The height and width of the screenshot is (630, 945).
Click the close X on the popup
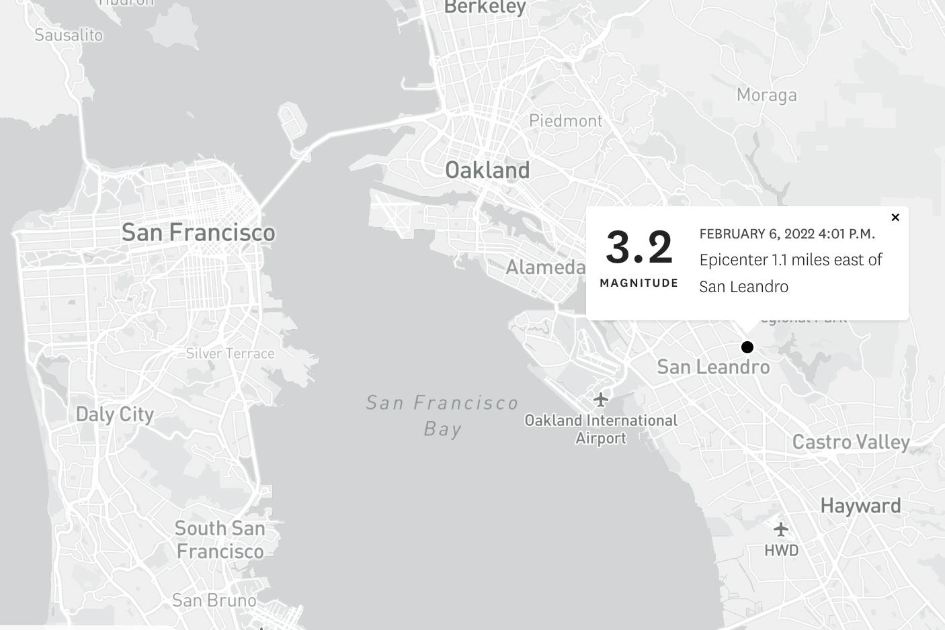pyautogui.click(x=895, y=218)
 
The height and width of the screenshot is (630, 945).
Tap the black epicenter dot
pyautogui.click(x=747, y=347)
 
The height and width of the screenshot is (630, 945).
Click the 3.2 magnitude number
pyautogui.click(x=639, y=247)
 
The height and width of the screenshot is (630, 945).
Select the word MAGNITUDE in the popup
pyautogui.click(x=639, y=283)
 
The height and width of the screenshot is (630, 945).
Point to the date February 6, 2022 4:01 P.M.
pyautogui.click(x=787, y=234)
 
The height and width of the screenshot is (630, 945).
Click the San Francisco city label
pyautogui.click(x=198, y=232)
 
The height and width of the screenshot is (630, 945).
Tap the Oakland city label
pyautogui.click(x=487, y=171)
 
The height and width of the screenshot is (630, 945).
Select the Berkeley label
pyautogui.click(x=485, y=7)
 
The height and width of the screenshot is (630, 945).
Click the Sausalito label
pyautogui.click(x=69, y=35)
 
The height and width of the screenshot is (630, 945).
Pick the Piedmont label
pyautogui.click(x=566, y=121)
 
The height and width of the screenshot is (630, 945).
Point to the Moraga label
pyautogui.click(x=766, y=95)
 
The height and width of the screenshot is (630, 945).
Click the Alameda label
pyautogui.click(x=545, y=267)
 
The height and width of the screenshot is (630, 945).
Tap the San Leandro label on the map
pyautogui.click(x=713, y=367)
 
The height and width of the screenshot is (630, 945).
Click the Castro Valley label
pyautogui.click(x=851, y=442)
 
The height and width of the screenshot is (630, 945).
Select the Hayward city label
pyautogui.click(x=860, y=506)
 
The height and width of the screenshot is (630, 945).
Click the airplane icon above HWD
pyautogui.click(x=780, y=529)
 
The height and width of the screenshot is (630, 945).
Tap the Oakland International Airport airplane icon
pyautogui.click(x=601, y=400)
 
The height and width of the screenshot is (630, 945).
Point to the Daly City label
pyautogui.click(x=114, y=414)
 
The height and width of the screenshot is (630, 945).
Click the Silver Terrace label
pyautogui.click(x=230, y=353)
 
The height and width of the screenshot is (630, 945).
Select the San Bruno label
pyautogui.click(x=214, y=600)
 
